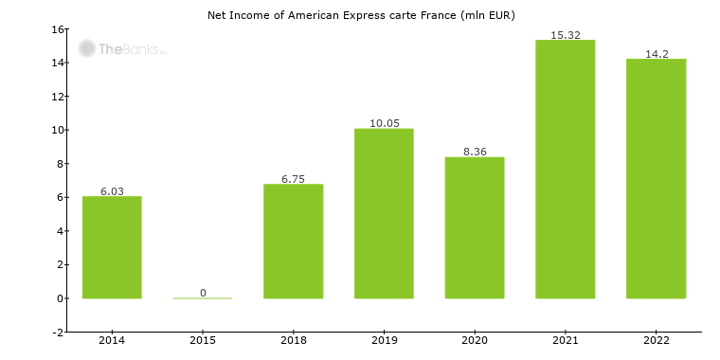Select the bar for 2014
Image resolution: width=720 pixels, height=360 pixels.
112,247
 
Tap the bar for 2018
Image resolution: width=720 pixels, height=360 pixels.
293,241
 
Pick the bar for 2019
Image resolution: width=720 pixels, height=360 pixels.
384,213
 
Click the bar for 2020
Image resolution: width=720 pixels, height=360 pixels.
474,227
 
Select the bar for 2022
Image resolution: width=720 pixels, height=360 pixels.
656,178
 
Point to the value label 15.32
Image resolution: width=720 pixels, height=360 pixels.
565,35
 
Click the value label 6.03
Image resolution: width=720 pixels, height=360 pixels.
112,191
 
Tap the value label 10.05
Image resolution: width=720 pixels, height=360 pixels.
384,123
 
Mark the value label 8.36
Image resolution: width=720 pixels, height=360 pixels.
474,152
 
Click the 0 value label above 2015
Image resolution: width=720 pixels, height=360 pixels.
203,293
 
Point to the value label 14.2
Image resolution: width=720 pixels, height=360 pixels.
656,54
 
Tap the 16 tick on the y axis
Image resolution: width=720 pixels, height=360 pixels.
58,29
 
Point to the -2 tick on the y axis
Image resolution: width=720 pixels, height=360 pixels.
58,333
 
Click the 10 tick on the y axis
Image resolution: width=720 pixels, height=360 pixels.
58,131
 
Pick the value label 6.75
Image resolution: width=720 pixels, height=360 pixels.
293,179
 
